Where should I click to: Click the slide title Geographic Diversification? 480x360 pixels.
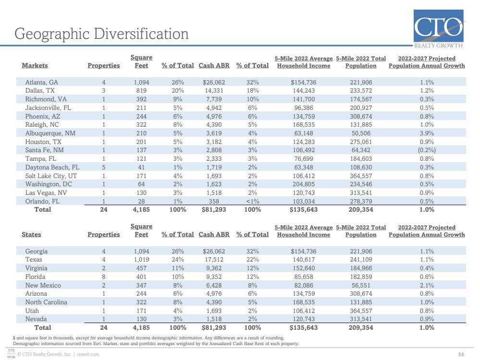(101, 34)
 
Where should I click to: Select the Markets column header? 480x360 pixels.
(35, 65)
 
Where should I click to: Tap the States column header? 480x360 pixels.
(31, 234)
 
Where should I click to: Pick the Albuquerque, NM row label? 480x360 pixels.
(50, 133)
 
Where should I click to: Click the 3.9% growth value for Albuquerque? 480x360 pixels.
(427, 133)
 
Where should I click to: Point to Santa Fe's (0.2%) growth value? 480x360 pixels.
(427, 150)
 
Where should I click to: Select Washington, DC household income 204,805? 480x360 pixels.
(303, 184)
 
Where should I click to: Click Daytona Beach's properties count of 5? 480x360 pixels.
(104, 168)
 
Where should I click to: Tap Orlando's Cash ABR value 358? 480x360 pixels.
(214, 201)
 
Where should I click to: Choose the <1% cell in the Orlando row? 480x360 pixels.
(253, 201)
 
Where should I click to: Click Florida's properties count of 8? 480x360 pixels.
(104, 277)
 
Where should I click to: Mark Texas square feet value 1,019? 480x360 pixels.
(141, 260)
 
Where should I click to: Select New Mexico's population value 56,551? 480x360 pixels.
(361, 286)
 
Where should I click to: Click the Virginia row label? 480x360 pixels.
(37, 268)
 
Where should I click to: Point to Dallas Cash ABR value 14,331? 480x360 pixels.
(214, 91)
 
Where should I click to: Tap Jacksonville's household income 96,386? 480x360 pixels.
(303, 108)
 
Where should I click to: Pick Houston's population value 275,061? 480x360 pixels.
(361, 142)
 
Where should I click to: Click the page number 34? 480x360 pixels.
(461, 355)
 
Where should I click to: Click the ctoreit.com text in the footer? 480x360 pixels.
(88, 354)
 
